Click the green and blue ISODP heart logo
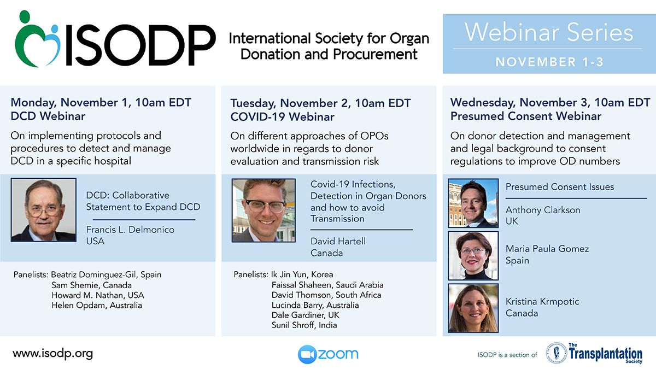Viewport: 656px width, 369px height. [x=38, y=39]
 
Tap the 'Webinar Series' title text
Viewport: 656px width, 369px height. [x=549, y=32]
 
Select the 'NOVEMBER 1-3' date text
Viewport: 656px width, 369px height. [x=549, y=62]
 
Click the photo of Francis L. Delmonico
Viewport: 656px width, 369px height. [x=44, y=210]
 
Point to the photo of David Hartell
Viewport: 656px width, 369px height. [x=263, y=210]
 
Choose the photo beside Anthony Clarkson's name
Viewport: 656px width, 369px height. [x=473, y=203]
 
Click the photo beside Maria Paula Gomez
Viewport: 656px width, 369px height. [x=473, y=255]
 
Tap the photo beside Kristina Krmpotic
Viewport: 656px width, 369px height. [x=473, y=308]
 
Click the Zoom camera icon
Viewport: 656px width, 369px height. [x=307, y=354]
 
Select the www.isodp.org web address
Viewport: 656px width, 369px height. [x=52, y=354]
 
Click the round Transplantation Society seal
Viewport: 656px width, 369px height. [x=557, y=353]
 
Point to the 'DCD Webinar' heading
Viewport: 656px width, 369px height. [x=48, y=116]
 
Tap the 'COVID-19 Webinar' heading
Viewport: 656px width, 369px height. [x=282, y=117]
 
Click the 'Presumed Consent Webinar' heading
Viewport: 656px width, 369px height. [x=526, y=116]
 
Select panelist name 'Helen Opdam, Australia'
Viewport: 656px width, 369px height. [x=97, y=305]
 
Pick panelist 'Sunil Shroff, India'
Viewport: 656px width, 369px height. [x=304, y=325]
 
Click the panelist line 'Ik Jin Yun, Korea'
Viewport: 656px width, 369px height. [x=302, y=274]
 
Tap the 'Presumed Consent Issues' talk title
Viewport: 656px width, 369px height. [x=560, y=187]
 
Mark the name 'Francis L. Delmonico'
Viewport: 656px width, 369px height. [x=130, y=230]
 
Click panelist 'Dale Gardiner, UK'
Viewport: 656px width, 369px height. [x=306, y=315]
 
